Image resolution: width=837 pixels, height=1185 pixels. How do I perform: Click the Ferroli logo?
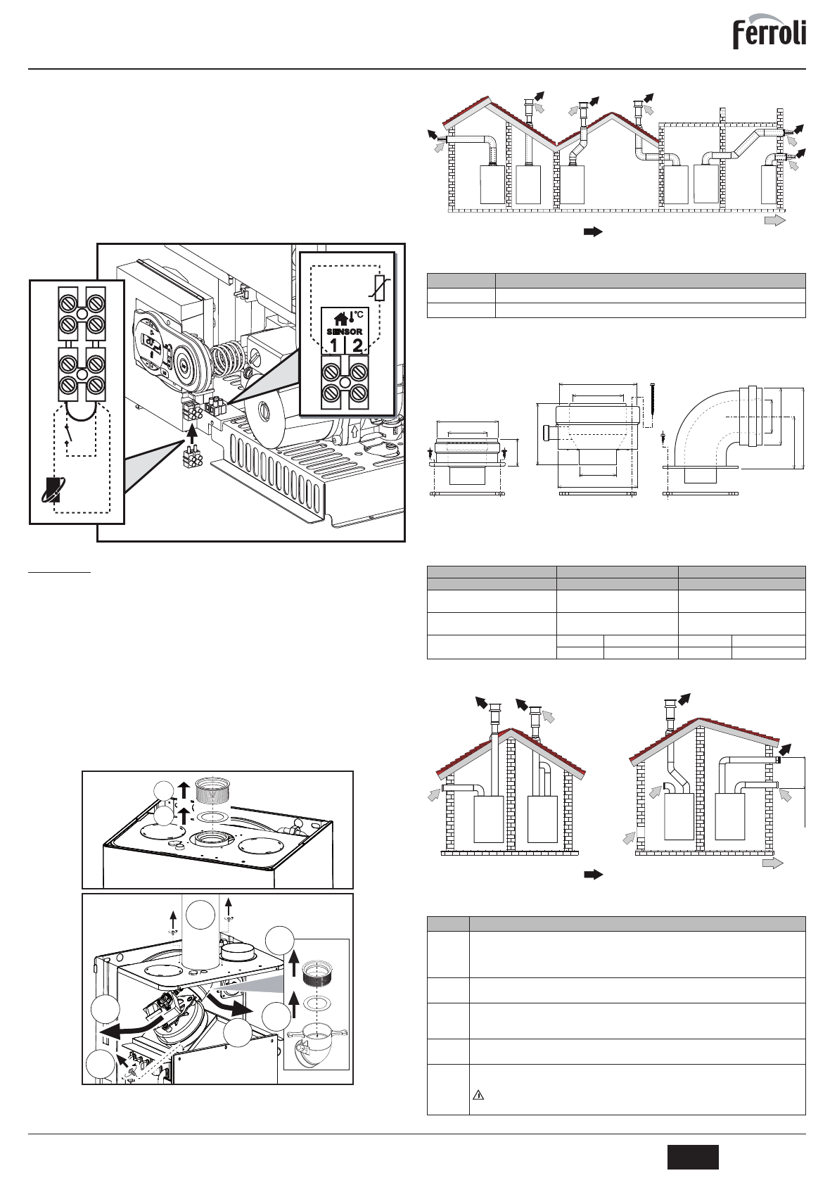pos(769,33)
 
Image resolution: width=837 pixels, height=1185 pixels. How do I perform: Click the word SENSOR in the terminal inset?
pos(345,331)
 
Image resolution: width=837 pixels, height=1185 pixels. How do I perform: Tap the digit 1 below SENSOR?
pos(333,346)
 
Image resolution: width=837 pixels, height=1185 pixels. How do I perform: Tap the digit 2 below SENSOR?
pos(358,346)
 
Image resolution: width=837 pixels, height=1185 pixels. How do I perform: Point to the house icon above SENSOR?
pos(340,319)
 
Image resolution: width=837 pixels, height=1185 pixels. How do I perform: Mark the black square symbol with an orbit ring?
pos(51,490)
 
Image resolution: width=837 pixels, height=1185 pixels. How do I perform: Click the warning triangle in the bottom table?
pos(478,1095)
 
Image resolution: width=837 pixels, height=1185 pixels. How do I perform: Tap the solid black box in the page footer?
pos(693,1157)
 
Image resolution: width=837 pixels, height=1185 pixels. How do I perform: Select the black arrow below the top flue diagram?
pos(593,232)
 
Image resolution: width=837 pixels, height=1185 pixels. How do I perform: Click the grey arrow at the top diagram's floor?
pos(774,220)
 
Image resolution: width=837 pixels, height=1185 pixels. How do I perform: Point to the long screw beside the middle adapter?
pos(654,404)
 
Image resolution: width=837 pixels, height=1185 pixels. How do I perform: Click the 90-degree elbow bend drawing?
pos(710,429)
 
